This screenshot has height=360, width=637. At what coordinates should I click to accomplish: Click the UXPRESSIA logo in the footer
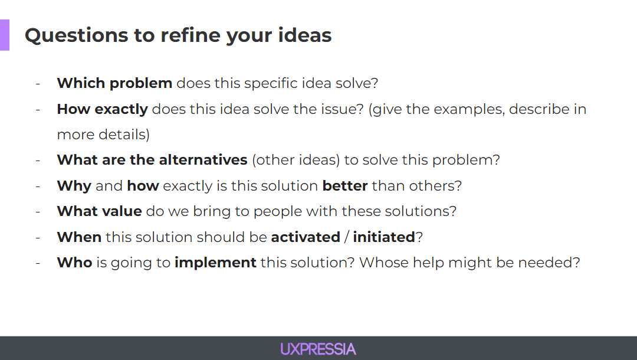[318, 349]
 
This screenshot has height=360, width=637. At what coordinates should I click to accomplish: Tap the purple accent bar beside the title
[5, 35]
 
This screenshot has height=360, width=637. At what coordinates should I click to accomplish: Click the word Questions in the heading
[76, 35]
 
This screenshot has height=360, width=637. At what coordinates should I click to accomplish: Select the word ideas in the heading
[305, 35]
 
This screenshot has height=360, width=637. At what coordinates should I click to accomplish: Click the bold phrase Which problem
[114, 83]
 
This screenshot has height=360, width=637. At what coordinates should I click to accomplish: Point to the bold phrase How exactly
[103, 109]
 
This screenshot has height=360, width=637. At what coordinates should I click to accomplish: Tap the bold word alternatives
[203, 160]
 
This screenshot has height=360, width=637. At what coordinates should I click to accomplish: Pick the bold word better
[345, 186]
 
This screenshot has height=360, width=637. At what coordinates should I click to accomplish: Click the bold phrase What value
[100, 211]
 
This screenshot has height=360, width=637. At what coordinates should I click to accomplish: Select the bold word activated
[306, 237]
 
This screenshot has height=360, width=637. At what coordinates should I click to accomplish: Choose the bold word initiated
[384, 237]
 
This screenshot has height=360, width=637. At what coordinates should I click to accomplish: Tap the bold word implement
[215, 263]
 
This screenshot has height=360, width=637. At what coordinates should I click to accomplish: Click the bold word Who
[75, 263]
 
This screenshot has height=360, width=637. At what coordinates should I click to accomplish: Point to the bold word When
[79, 237]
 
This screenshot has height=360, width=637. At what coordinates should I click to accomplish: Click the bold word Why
[74, 186]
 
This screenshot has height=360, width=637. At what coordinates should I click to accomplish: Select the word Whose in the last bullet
[384, 263]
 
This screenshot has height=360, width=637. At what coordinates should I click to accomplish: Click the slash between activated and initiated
[347, 237]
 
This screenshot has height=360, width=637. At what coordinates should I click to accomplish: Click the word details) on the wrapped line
[124, 135]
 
